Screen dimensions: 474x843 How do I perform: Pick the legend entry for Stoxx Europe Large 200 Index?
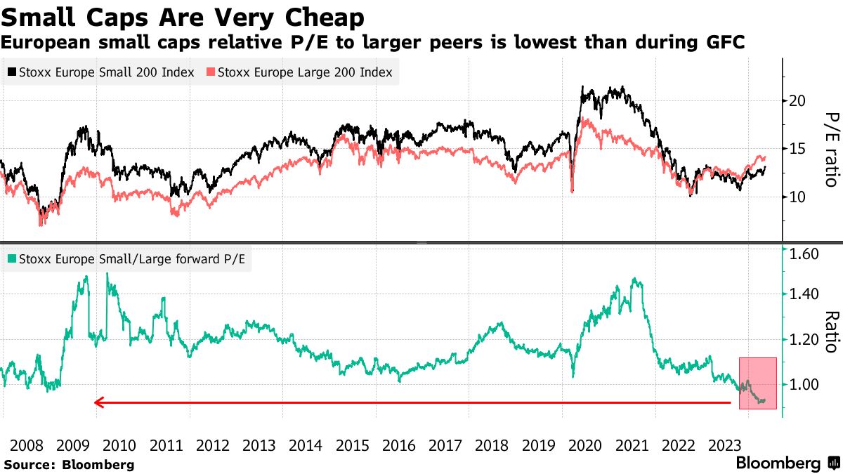click(299, 72)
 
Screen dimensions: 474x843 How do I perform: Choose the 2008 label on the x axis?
click(27, 445)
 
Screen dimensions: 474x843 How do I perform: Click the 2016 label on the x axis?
click(398, 445)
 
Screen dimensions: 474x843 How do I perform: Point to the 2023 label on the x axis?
click(724, 445)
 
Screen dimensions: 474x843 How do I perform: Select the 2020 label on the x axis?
click(584, 445)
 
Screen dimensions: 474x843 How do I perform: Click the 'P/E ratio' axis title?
click(831, 149)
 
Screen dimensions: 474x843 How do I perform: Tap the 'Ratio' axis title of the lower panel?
click(831, 331)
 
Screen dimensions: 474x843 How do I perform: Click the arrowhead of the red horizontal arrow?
click(98, 402)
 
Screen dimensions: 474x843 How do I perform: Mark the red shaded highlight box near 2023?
click(757, 383)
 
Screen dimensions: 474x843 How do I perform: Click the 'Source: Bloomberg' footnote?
click(69, 464)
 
